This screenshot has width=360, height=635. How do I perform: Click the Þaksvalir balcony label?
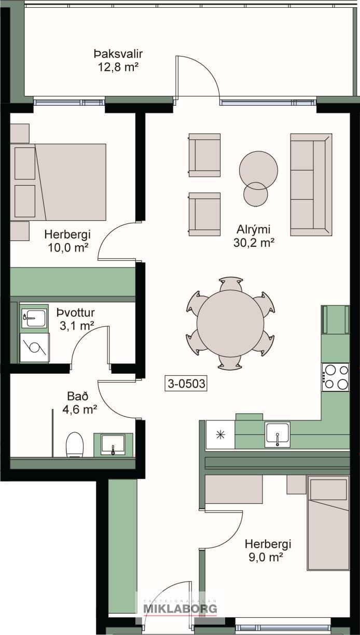click(x=118, y=53)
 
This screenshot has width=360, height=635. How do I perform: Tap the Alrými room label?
click(x=254, y=229)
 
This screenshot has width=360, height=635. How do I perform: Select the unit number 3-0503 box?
click(x=186, y=384)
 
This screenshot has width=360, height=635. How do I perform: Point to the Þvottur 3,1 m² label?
click(x=76, y=319)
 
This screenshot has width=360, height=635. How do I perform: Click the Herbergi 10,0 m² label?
click(x=67, y=241)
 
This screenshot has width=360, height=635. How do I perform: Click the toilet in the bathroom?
click(x=75, y=445)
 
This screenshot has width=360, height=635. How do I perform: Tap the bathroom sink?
click(x=113, y=445)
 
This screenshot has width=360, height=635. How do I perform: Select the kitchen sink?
click(x=277, y=433)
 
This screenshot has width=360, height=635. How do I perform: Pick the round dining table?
click(x=230, y=323)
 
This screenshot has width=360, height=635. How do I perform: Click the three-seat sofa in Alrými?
click(x=311, y=185)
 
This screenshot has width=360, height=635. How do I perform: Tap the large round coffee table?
click(x=258, y=170)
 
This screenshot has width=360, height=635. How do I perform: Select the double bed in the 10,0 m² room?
click(x=58, y=182)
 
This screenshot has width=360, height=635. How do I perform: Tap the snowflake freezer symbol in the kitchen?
click(x=220, y=434)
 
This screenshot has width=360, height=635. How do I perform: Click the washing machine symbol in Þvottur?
click(x=35, y=347)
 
